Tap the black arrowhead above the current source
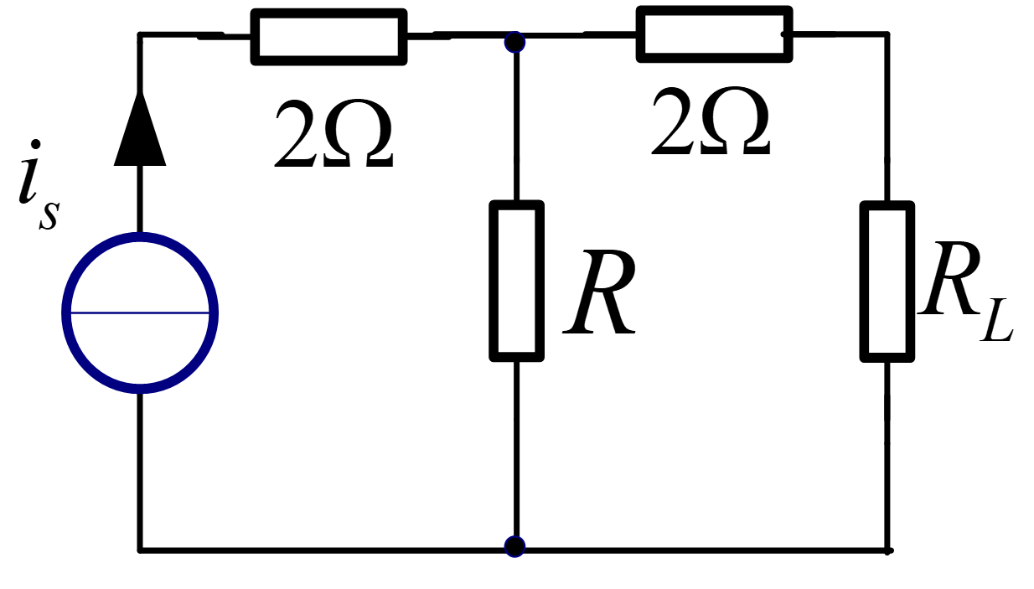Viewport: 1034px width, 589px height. pyautogui.click(x=140, y=128)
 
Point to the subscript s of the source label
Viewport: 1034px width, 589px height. pyautogui.click(x=49, y=215)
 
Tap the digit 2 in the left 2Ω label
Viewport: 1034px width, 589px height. pyautogui.click(x=297, y=133)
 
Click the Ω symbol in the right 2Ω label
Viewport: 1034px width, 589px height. pyautogui.click(x=735, y=121)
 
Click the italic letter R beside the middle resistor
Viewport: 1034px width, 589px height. pyautogui.click(x=600, y=292)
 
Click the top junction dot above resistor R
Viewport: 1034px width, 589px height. pyautogui.click(x=514, y=42)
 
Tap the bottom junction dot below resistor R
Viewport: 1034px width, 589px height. pyautogui.click(x=514, y=546)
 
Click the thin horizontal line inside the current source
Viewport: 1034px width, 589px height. pyautogui.click(x=140, y=313)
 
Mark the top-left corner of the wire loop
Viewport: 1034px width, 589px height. pyautogui.click(x=140, y=34)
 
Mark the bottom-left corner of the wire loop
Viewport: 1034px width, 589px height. pyautogui.click(x=140, y=550)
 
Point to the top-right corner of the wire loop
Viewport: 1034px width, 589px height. pyautogui.click(x=887, y=34)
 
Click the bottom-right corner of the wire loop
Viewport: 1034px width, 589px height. pyautogui.click(x=887, y=550)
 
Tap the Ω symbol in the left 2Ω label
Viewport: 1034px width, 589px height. pyautogui.click(x=358, y=133)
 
